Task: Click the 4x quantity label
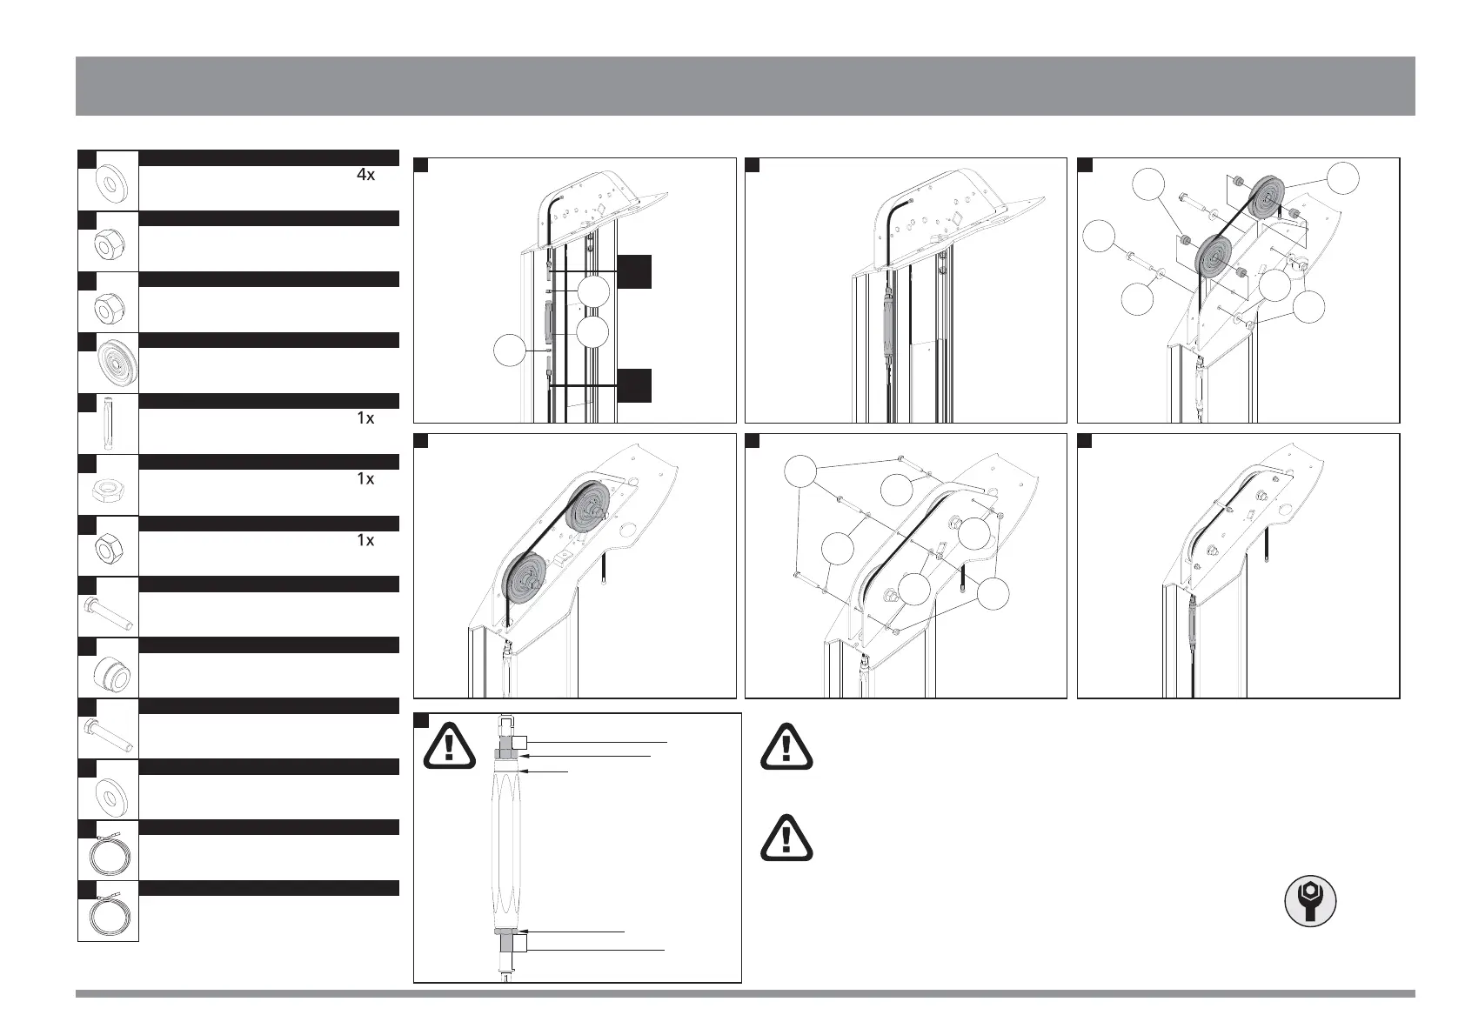tap(365, 175)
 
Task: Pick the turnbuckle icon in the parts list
tap(107, 423)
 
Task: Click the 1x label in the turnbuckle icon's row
tap(365, 418)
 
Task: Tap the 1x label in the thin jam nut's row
tap(365, 479)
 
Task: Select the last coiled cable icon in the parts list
tap(108, 911)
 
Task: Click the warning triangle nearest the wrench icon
tap(786, 838)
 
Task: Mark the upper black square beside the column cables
tap(634, 271)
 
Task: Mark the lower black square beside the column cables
tap(634, 385)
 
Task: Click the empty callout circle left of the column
tap(512, 351)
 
